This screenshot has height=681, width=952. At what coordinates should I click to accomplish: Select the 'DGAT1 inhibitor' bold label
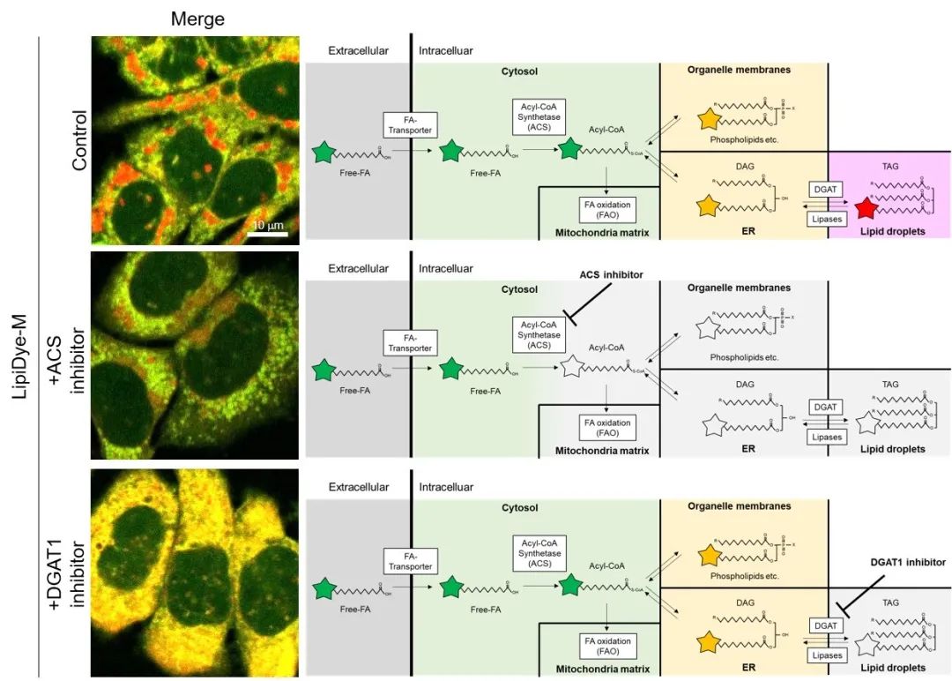[x=908, y=562]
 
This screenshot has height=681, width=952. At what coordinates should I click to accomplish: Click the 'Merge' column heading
[x=197, y=19]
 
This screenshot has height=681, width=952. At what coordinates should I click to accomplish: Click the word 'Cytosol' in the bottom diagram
[x=519, y=508]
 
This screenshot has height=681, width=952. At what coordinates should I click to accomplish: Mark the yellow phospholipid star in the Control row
[x=710, y=118]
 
